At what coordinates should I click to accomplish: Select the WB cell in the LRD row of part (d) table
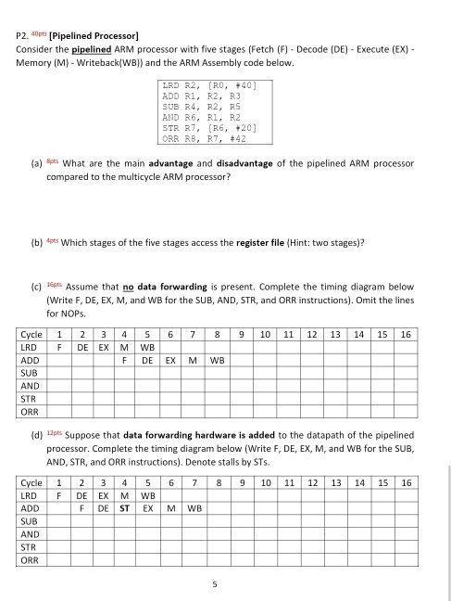pos(147,495)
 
